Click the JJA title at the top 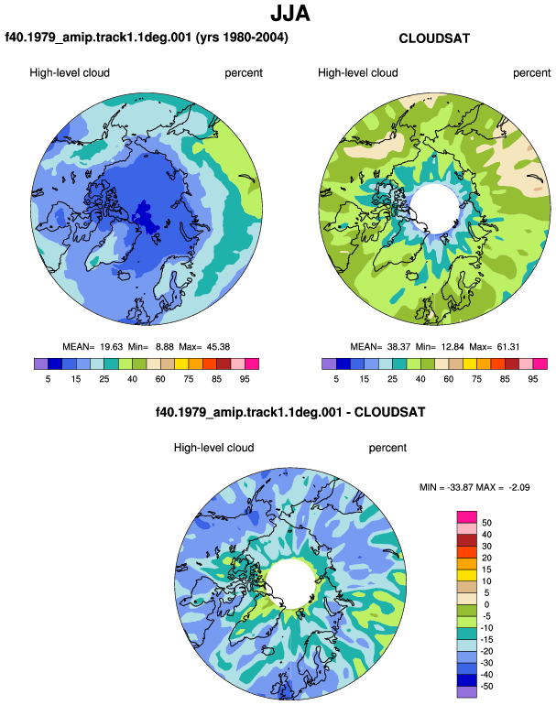pos(290,14)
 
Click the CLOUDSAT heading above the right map pos(434,38)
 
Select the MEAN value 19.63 pos(111,347)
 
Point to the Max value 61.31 pos(507,347)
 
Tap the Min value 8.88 pos(165,347)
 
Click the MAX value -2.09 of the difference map pos(519,487)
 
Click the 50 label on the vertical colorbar pos(486,523)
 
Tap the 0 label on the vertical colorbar pos(486,604)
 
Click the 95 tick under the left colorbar pos(245,379)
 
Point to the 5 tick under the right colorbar pos(336,379)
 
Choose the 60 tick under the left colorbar pos(160,379)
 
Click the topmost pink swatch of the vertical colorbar pos(466,516)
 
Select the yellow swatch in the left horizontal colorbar pos(181,363)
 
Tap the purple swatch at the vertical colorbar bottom pos(466,692)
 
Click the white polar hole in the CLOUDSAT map pos(434,207)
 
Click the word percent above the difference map pos(387,448)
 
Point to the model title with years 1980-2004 pos(147,37)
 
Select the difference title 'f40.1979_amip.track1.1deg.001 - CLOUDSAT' pos(290,412)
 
